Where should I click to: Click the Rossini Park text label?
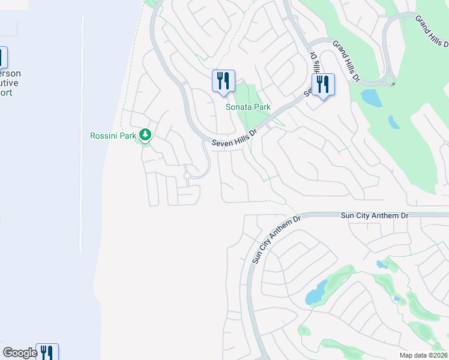113,136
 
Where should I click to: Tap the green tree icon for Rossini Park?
145,134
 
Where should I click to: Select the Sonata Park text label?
248,107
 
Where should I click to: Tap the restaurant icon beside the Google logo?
47,352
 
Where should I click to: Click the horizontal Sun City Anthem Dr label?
374,214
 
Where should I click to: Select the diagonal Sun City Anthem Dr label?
275,240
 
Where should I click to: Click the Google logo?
19,353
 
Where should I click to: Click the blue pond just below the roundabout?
371,97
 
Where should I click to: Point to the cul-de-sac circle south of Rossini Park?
187,176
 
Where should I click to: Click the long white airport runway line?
80,132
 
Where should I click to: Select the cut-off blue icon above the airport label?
2,58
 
